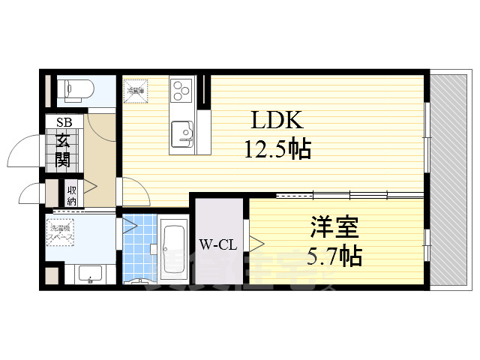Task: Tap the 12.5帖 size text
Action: [x=277, y=150]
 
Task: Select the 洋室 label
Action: [x=336, y=227]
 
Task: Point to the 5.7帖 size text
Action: [x=335, y=256]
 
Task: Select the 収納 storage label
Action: [x=71, y=194]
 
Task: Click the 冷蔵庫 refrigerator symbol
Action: [x=136, y=91]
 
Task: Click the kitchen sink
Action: [x=182, y=135]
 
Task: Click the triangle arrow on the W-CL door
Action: [x=256, y=243]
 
